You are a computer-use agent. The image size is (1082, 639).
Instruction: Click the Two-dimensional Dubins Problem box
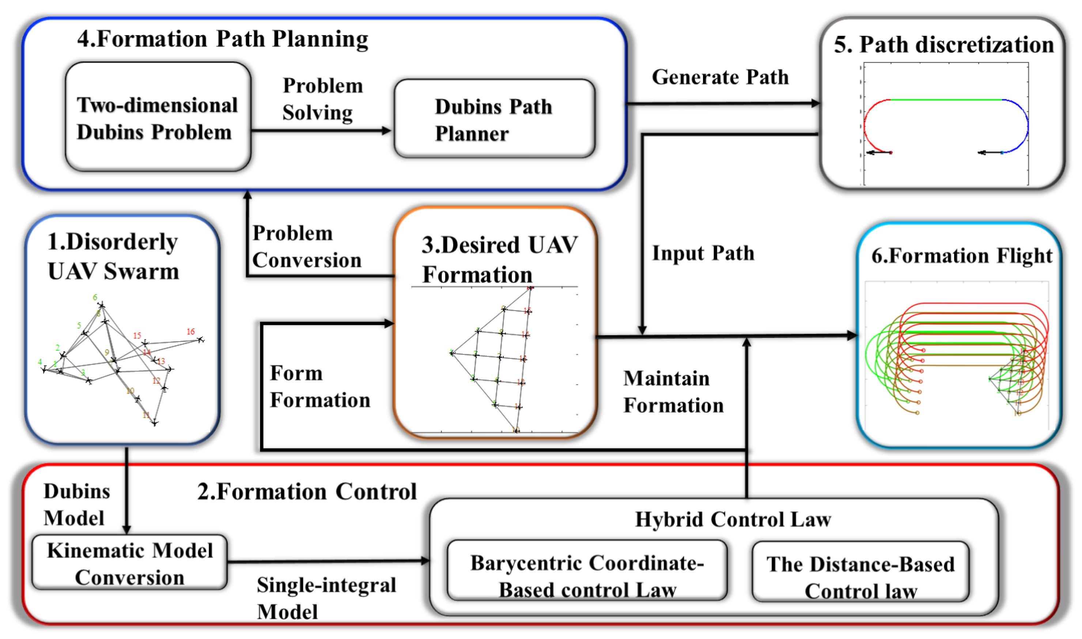tap(158, 117)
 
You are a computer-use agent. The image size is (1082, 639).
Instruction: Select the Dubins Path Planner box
tap(494, 119)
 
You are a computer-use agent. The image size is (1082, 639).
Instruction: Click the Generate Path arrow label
tap(720, 77)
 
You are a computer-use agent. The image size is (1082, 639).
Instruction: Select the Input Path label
tap(703, 253)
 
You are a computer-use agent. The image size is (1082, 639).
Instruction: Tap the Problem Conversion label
tap(306, 246)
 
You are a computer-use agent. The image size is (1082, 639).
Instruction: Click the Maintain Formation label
tap(673, 391)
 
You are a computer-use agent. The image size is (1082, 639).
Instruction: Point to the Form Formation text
tap(319, 386)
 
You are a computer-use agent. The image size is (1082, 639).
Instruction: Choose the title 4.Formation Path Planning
tap(223, 39)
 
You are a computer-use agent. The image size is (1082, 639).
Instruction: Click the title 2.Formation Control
tap(307, 491)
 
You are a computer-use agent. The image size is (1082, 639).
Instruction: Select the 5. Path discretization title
tap(943, 45)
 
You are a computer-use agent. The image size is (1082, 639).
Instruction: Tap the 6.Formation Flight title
tap(961, 256)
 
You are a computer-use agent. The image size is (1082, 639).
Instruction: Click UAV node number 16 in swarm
tap(200, 339)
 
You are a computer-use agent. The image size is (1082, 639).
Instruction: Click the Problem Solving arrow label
tap(322, 99)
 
